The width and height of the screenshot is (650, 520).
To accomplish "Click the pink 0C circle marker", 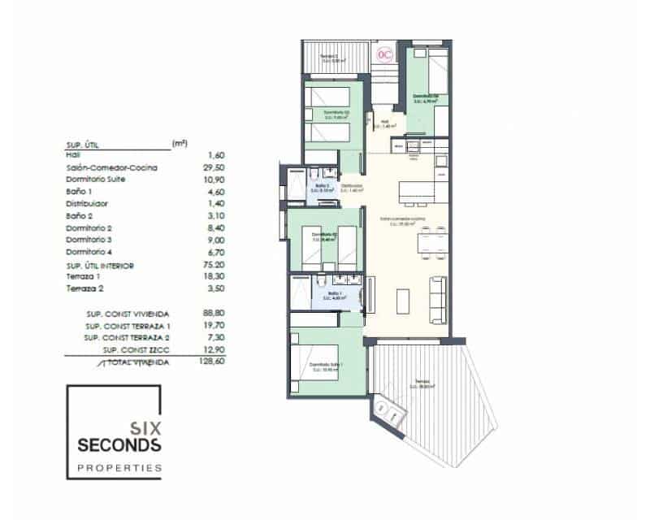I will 385,54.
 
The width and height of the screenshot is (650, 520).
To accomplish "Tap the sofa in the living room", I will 436,290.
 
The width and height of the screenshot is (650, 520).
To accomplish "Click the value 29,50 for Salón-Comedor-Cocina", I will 219,167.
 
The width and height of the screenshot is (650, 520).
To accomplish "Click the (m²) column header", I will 180,143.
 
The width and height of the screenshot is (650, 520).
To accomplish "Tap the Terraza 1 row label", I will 85,277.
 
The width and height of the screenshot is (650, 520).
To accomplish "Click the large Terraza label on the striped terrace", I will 421,382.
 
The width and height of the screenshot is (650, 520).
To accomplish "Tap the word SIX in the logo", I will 146,426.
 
